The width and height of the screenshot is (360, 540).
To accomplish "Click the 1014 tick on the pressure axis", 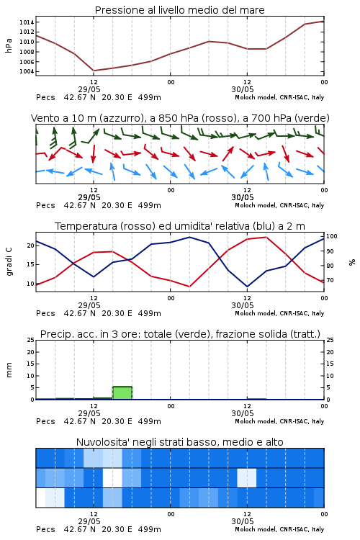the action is coord(27,22).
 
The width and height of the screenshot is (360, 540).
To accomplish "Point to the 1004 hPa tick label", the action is coord(27,71).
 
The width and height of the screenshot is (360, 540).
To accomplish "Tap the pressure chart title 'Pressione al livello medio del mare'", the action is coord(180,10).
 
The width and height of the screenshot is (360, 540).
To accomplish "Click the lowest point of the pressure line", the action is coord(94,71).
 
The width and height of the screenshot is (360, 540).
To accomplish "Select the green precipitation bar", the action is coord(122,393).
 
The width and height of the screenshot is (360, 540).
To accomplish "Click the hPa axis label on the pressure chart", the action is coord(9,45).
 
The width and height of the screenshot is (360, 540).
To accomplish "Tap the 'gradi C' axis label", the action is coord(9,261).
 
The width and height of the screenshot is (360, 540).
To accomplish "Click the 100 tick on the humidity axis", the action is coord(331,236).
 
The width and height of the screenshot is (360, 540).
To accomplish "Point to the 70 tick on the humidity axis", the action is coord(330,280).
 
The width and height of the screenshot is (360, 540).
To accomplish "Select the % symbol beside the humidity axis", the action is coord(352,262).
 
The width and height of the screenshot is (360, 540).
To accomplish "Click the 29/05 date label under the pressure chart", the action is coord(89,89).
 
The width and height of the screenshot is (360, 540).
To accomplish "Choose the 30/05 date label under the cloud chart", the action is coord(243,521).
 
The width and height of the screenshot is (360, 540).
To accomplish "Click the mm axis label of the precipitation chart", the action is coord(9,370).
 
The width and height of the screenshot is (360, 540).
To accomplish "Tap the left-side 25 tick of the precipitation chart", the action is coord(31,340).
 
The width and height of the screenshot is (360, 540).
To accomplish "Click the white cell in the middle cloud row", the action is coord(112,477).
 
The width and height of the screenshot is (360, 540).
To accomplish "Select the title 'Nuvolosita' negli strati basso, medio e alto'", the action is coord(180,442).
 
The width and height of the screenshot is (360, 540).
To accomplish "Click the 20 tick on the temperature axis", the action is coord(31,246).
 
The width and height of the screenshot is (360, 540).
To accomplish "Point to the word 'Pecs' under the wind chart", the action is coord(45,206).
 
